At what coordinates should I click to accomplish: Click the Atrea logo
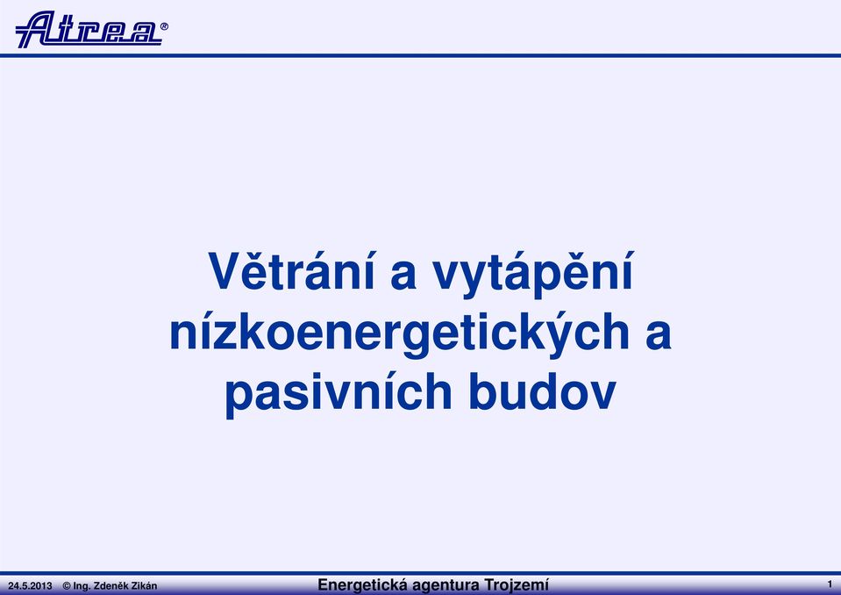click(89, 29)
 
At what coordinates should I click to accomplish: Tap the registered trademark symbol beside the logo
click(164, 25)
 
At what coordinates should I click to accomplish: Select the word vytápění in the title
click(534, 274)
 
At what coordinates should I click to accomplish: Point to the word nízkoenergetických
click(399, 333)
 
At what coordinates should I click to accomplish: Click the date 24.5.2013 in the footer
click(30, 586)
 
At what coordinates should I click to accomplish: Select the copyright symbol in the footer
click(67, 586)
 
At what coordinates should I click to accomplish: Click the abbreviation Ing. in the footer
click(82, 586)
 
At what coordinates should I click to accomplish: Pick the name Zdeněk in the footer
click(111, 586)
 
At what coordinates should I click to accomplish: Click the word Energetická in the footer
click(362, 584)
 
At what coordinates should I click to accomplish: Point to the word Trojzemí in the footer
click(516, 584)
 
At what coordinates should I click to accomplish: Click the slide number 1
click(830, 584)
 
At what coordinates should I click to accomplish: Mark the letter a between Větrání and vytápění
click(404, 276)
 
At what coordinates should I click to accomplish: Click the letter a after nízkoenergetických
click(659, 335)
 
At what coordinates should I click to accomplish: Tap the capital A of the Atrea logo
click(37, 29)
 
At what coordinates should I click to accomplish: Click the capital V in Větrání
click(226, 271)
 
